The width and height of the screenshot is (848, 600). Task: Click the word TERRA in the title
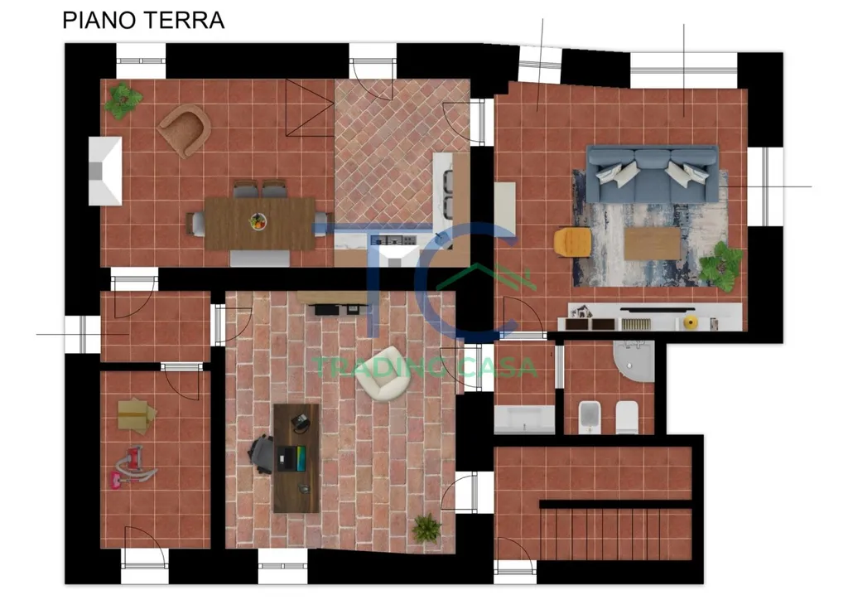click(184, 21)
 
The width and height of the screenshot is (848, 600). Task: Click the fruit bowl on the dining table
click(258, 221)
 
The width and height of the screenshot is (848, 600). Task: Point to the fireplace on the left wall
click(105, 171)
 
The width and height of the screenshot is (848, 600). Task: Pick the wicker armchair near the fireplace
click(185, 131)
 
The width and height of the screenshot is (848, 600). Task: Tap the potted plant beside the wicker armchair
click(123, 100)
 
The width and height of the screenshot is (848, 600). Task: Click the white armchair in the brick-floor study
click(383, 374)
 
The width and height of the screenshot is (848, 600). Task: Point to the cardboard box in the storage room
click(137, 415)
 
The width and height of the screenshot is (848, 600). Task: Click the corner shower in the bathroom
click(634, 360)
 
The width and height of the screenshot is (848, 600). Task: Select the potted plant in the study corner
click(426, 529)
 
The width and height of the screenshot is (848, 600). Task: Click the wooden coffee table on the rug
click(653, 244)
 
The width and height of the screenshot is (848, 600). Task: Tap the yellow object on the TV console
click(691, 323)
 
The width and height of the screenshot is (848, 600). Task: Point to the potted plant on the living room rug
click(721, 266)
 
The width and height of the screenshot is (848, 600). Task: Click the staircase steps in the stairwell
click(616, 534)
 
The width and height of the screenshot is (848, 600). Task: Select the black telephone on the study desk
click(300, 421)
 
